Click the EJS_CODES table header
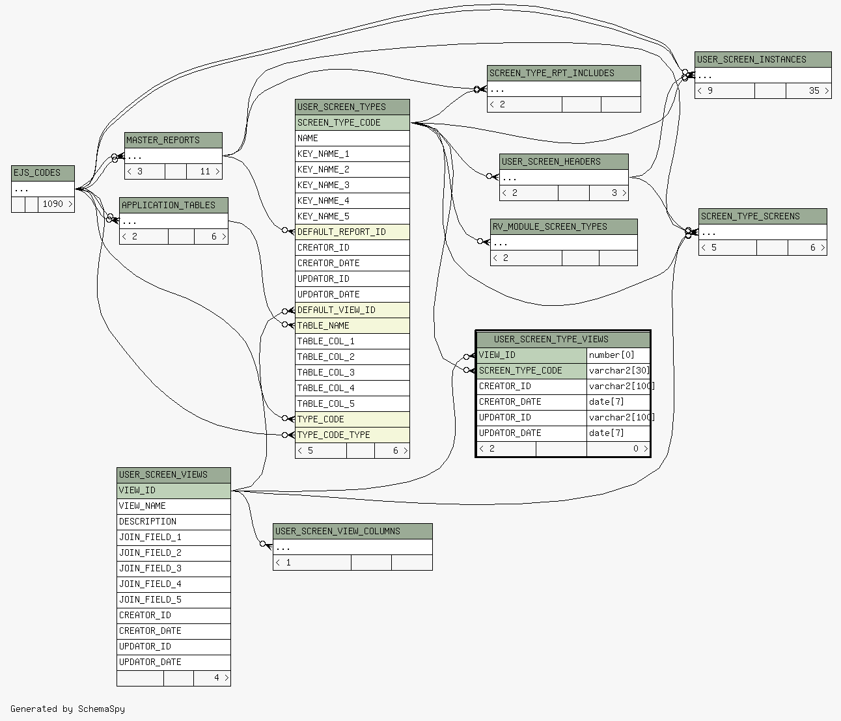coord(43,173)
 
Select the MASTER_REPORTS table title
coord(173,141)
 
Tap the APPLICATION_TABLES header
coord(174,206)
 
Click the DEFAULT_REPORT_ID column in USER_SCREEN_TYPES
coord(352,232)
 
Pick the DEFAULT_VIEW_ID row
coord(352,310)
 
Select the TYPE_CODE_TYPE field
coord(352,435)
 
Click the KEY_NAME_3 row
coord(352,185)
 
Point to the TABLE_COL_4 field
coord(352,388)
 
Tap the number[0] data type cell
coord(618,355)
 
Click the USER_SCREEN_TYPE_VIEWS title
coord(563,339)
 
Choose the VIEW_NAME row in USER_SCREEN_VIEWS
coord(174,506)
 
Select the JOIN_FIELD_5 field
coord(174,599)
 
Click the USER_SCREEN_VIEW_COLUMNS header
coord(353,531)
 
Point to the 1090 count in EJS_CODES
coord(53,204)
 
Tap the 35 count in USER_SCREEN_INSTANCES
coord(814,90)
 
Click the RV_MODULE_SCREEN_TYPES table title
coord(564,227)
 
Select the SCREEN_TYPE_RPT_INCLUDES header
coord(564,73)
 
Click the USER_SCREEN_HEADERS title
coord(564,162)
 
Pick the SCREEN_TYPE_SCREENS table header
coord(763,216)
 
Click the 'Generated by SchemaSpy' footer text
coord(68,709)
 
